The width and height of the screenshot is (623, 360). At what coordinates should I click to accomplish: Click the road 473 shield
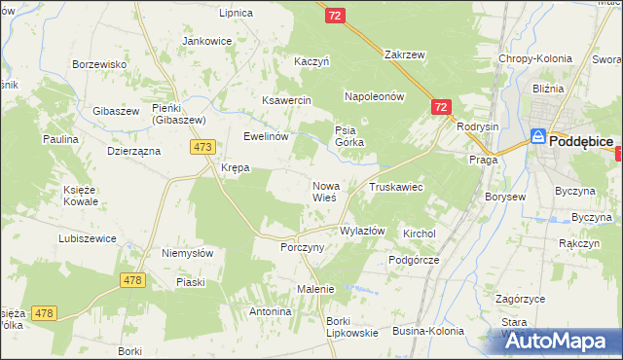[202, 147]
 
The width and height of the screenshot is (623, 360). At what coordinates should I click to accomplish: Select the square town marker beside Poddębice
[537, 138]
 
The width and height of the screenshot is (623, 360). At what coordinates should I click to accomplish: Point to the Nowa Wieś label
[325, 192]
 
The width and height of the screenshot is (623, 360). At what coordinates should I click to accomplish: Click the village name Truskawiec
[394, 186]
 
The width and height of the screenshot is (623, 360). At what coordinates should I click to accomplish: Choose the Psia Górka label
[348, 137]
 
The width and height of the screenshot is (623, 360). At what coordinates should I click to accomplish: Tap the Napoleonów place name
[374, 97]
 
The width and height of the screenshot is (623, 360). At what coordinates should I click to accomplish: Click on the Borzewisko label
[101, 64]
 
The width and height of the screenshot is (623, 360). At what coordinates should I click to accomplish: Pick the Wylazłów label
[362, 232]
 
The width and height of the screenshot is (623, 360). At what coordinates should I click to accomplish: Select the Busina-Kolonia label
[428, 332]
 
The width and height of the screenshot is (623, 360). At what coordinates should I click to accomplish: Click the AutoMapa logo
[559, 341]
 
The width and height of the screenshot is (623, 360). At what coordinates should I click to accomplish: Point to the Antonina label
[271, 312]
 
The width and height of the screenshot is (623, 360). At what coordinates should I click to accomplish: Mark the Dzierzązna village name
[132, 152]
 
